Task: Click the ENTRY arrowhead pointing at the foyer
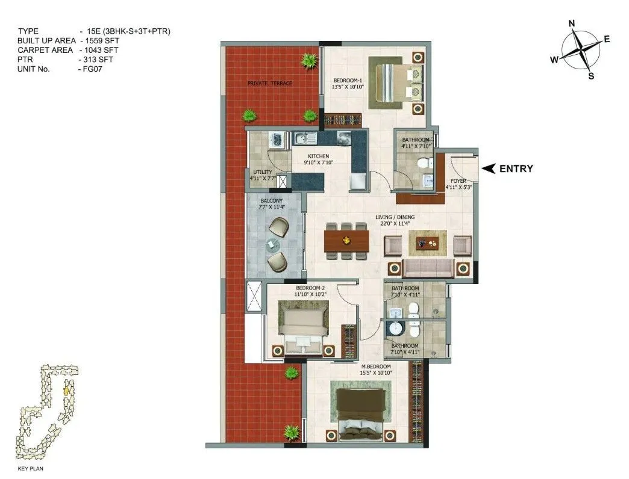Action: [x=489, y=168]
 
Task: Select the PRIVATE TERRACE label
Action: [x=269, y=83]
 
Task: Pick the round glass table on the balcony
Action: [x=273, y=243]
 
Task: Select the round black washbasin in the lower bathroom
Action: [x=395, y=330]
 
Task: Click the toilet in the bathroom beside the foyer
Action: [x=425, y=161]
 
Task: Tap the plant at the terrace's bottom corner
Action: [x=292, y=431]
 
